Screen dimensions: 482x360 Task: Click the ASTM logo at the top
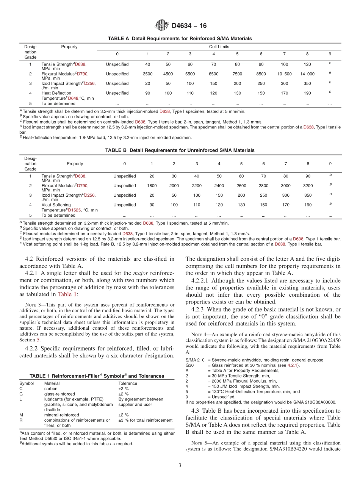coord(161,26)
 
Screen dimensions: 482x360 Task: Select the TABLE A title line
coord(180,39)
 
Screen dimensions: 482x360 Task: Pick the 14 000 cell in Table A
coord(307,74)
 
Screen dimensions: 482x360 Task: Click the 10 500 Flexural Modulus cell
coord(284,74)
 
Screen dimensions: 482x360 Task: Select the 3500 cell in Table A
coord(147,74)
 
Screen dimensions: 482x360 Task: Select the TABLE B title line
coord(180,150)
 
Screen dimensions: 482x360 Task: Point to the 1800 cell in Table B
coord(152,186)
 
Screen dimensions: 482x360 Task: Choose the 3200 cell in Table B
coord(308,186)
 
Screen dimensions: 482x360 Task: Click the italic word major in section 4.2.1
coord(141,273)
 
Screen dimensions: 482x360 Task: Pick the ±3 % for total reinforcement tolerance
coord(145,420)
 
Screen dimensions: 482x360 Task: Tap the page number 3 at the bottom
coord(180,465)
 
